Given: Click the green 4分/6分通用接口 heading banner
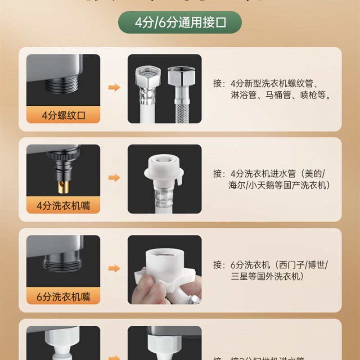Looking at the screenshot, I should [180, 22].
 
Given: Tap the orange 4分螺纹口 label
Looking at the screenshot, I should [63, 115].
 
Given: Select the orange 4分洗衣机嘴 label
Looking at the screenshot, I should [63, 205].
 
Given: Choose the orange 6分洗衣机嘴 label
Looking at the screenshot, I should [63, 296].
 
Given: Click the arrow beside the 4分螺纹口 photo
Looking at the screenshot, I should [114, 87].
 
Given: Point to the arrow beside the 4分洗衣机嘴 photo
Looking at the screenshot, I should [114, 177].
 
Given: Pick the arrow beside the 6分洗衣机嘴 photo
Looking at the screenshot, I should [114, 268].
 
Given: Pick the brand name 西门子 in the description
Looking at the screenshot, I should [290, 265].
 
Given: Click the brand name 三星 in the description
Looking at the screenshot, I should [236, 276].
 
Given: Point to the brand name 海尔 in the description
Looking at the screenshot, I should [236, 185].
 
